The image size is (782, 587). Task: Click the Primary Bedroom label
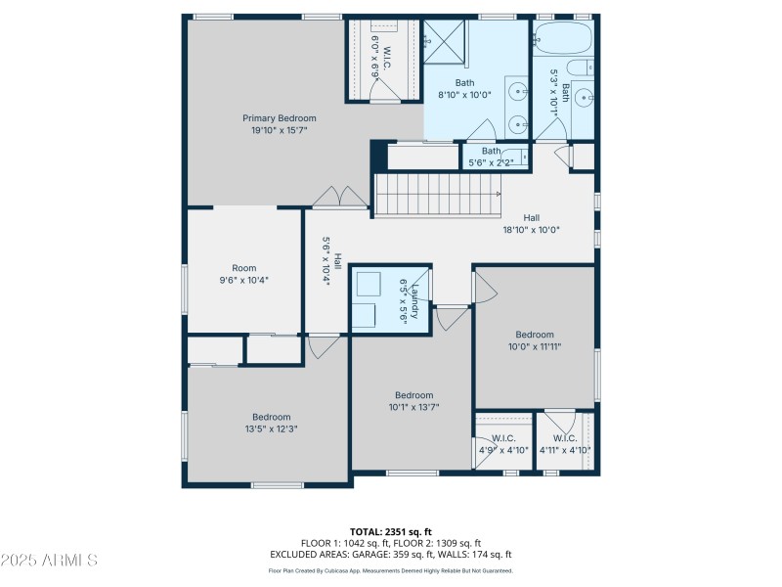[280, 118]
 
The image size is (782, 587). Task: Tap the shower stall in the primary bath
[445, 41]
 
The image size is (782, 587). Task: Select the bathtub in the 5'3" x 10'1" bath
[564, 40]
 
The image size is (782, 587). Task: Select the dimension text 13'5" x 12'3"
[272, 428]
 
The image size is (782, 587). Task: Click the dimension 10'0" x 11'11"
[535, 345]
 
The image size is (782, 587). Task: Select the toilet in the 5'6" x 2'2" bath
[519, 156]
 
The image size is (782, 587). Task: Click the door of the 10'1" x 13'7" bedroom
[452, 318]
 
